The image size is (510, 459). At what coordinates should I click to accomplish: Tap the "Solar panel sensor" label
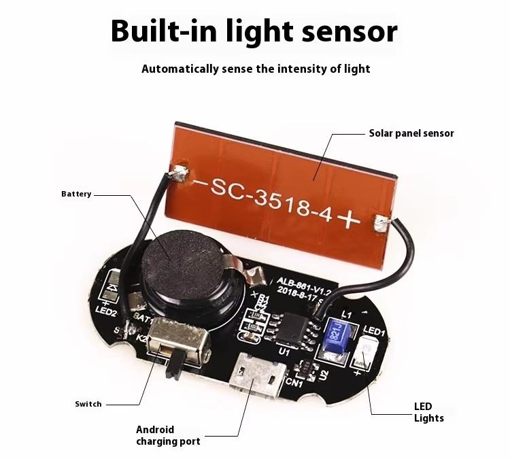411,133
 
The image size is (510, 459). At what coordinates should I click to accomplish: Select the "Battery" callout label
75,194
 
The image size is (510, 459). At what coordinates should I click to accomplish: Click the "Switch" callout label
88,404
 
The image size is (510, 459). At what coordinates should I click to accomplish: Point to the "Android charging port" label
168,435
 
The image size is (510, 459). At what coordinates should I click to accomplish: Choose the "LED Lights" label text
428,412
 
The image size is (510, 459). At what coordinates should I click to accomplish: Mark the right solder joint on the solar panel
380,222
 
